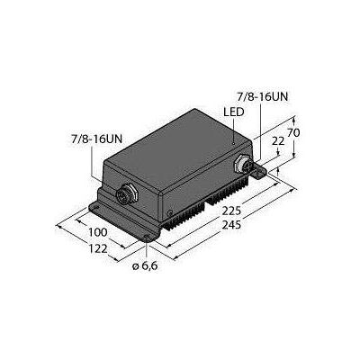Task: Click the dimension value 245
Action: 231,225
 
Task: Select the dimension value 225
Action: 231,211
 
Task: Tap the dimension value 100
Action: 98,232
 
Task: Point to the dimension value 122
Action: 98,248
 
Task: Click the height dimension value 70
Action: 293,132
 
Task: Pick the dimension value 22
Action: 278,140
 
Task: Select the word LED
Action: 234,112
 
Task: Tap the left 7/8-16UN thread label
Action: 96,139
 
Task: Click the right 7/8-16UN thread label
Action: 262,97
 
